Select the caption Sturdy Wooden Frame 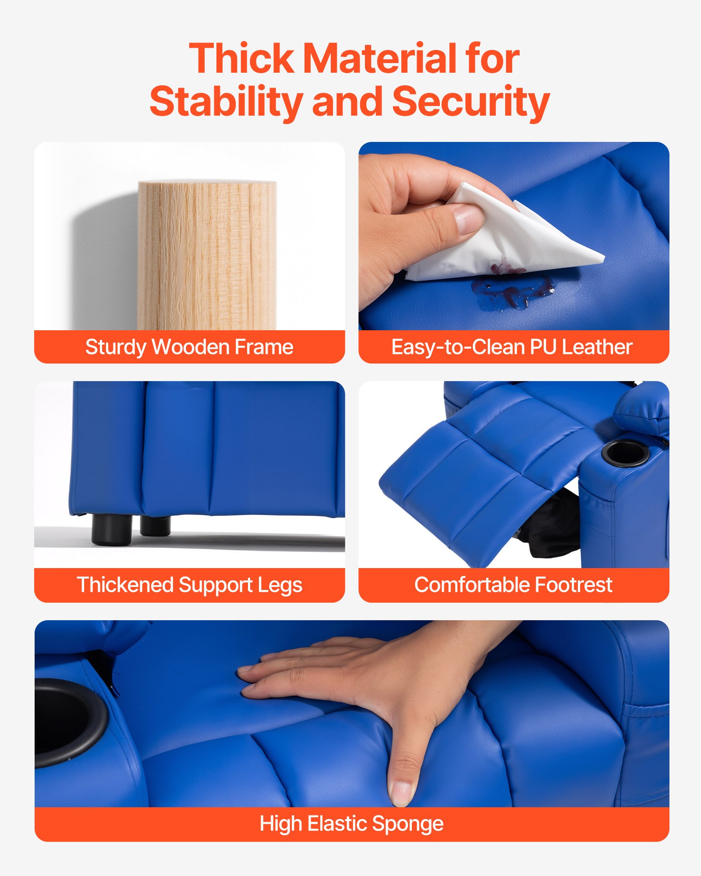189,347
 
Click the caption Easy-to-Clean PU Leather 512,347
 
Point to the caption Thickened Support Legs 189,585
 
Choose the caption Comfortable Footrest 513,585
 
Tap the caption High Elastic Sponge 351,823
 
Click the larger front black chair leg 112,530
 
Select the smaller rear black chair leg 155,526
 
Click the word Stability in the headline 226,102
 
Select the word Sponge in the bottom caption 407,823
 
